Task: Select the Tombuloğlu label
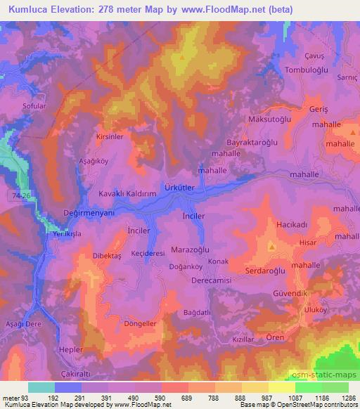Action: click(309, 69)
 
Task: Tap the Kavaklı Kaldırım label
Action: click(127, 194)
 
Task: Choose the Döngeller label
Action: click(139, 324)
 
